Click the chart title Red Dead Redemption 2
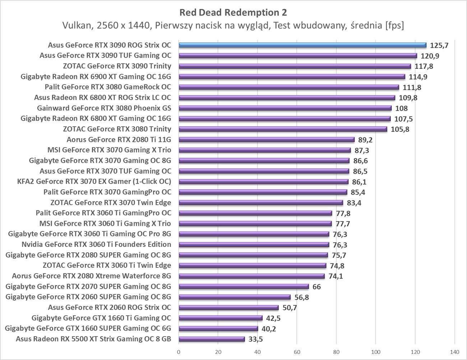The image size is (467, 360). click(233, 13)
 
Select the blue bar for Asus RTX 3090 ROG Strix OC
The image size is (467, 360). click(302, 45)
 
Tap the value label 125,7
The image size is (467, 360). click(440, 46)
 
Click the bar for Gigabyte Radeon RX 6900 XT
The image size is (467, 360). click(292, 76)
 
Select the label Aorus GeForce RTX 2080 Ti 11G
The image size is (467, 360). click(119, 140)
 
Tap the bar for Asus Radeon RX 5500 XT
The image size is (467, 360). click(212, 339)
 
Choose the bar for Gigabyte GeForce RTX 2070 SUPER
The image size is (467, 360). click(244, 286)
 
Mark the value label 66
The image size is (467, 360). click(316, 287)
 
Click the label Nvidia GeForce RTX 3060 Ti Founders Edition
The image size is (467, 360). click(96, 244)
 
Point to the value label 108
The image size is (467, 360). click(401, 108)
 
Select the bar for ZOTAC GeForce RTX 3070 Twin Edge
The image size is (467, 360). click(261, 203)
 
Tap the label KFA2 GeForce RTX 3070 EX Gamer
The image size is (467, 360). click(94, 182)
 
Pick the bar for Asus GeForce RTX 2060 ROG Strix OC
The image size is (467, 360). click(228, 308)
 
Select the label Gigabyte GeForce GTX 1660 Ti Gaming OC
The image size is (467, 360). click(101, 318)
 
